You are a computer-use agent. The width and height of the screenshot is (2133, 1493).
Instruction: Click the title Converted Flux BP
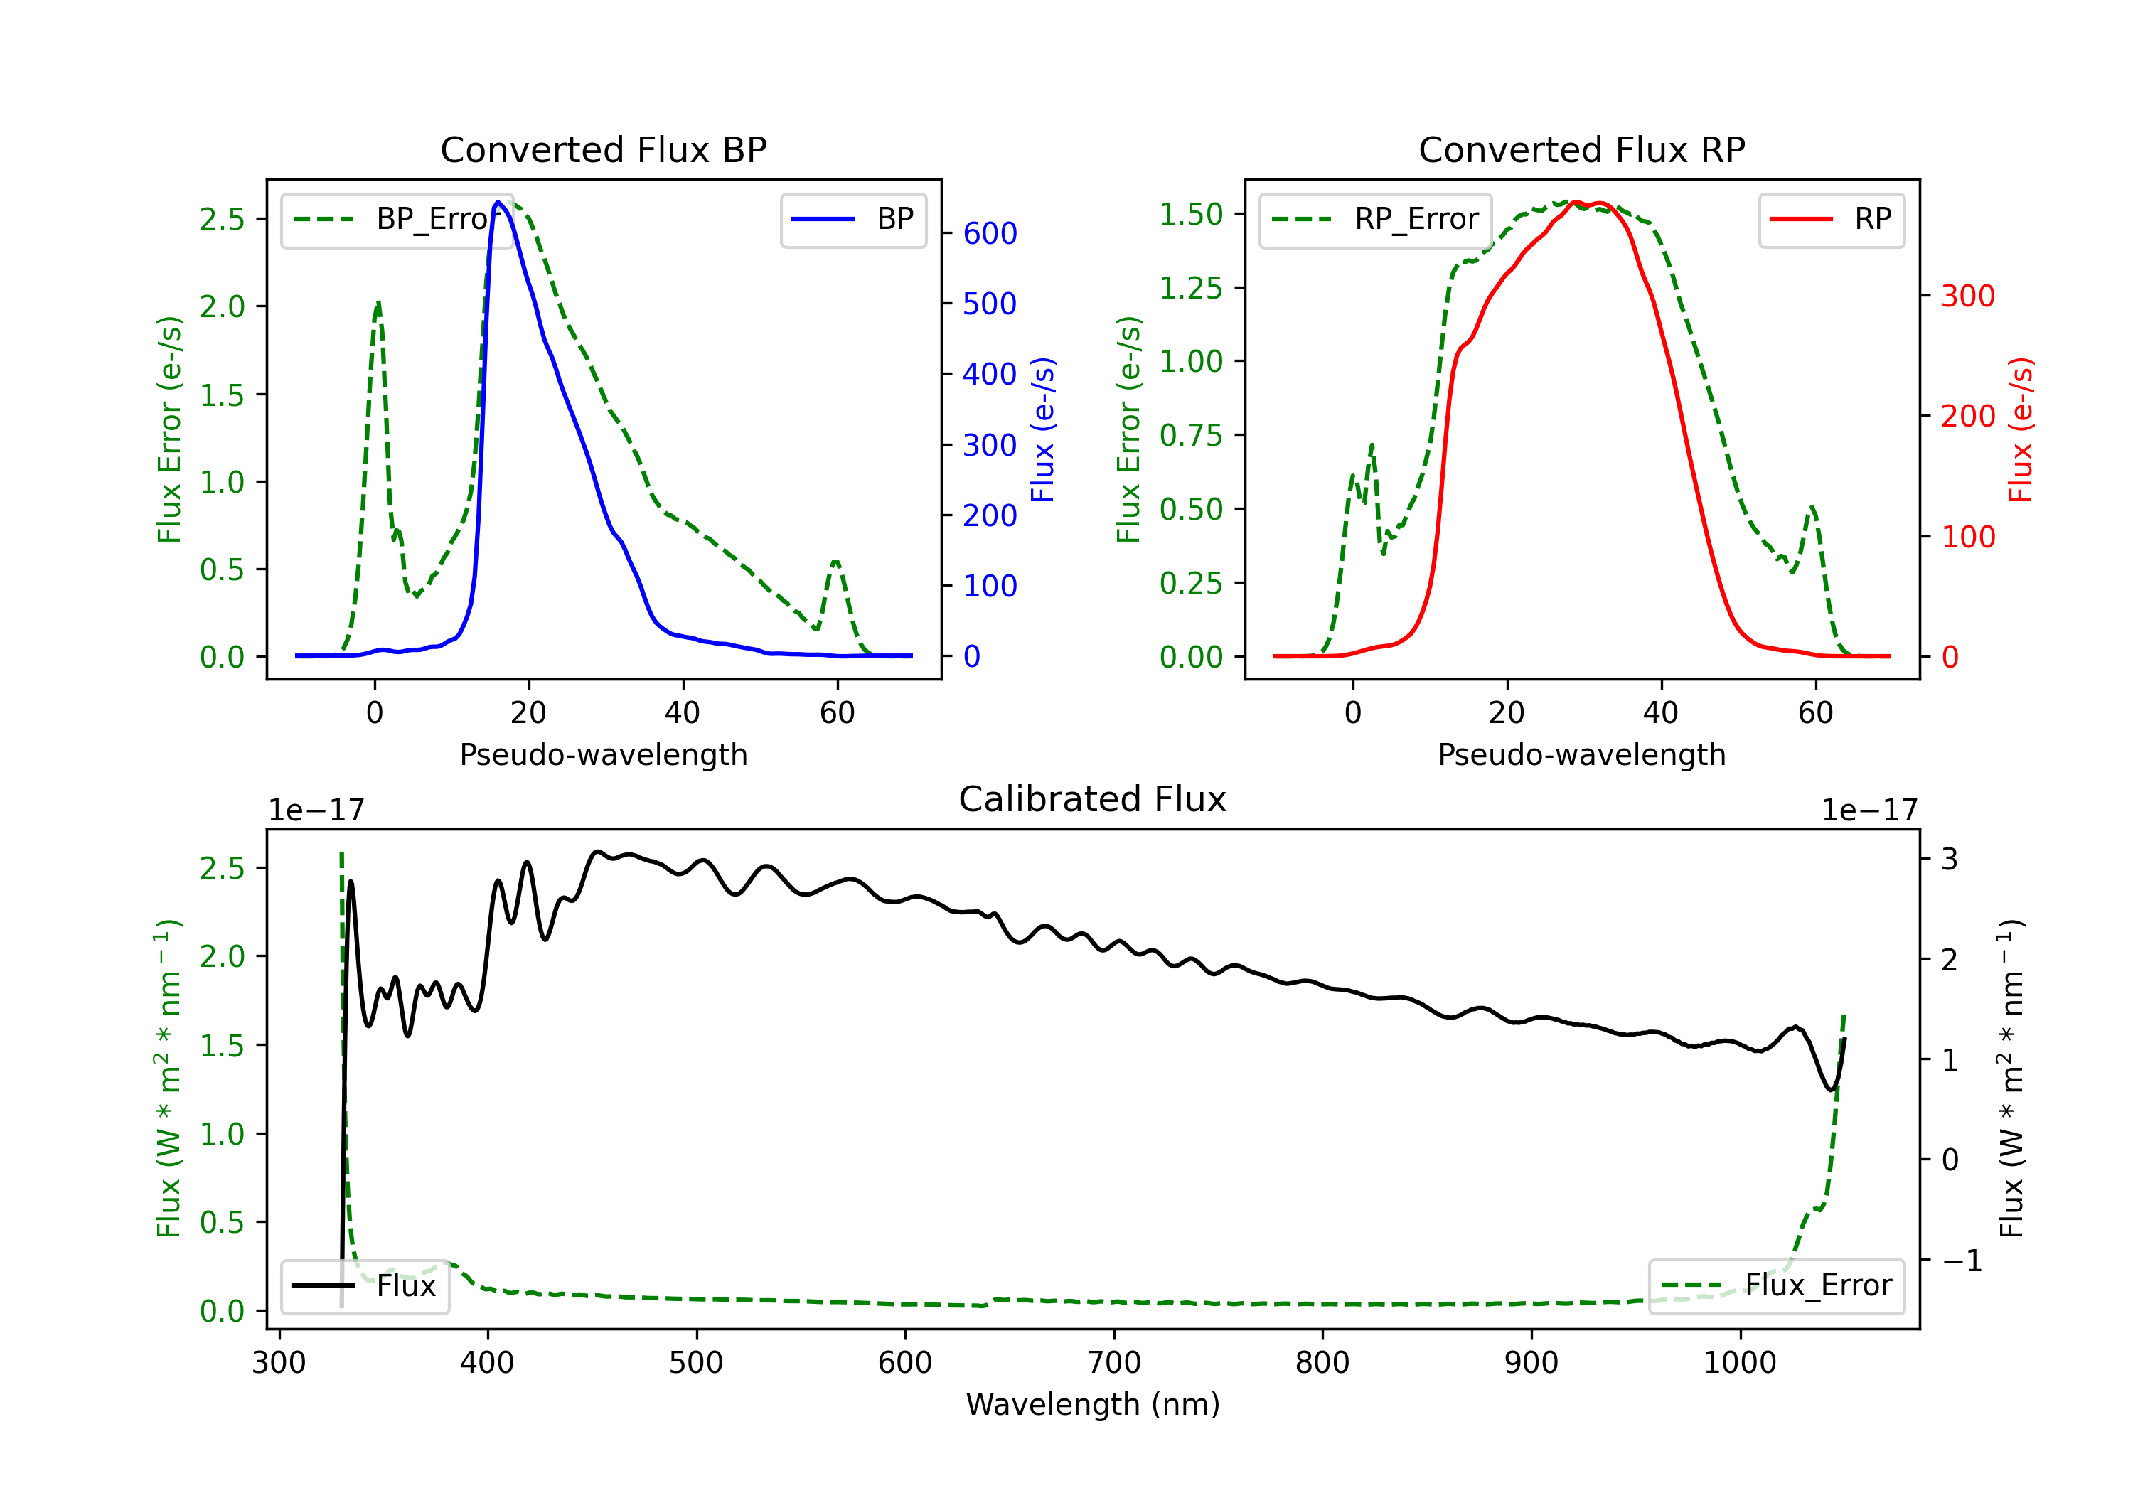(603, 149)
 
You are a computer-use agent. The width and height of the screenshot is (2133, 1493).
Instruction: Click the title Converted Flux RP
(1581, 149)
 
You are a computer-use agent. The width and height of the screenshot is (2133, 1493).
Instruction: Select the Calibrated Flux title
(1093, 799)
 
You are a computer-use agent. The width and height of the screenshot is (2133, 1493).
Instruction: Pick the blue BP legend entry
(852, 219)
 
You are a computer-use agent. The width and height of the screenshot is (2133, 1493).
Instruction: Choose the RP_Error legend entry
(1375, 219)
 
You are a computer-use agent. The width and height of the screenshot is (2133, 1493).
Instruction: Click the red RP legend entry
(1831, 219)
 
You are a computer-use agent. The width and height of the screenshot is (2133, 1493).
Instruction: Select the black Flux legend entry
(364, 1286)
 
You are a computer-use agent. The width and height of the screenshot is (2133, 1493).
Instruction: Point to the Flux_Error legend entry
(1776, 1286)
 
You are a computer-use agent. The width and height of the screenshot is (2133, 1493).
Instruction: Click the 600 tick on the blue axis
(990, 233)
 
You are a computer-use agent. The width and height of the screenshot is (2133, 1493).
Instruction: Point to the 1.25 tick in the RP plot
(1191, 288)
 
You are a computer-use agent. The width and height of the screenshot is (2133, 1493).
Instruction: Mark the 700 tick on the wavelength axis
(1114, 1363)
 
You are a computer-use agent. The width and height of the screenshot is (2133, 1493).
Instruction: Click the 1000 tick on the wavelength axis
(1740, 1363)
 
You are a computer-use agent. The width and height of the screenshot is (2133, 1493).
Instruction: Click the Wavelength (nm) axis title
(1093, 1405)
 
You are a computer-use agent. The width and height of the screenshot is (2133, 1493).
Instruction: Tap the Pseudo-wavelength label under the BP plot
(603, 754)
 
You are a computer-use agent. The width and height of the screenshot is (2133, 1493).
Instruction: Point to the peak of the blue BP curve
(498, 202)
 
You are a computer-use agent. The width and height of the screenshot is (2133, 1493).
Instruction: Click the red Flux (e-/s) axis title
(2021, 429)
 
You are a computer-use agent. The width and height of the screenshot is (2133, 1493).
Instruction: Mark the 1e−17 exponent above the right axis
(1870, 811)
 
